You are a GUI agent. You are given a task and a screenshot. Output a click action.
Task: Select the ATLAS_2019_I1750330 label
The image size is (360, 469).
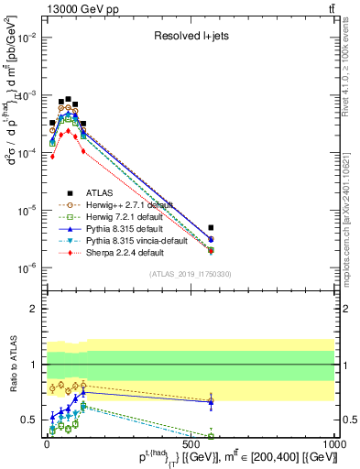(190, 274)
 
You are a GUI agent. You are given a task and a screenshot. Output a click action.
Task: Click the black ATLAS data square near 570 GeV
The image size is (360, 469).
(211, 227)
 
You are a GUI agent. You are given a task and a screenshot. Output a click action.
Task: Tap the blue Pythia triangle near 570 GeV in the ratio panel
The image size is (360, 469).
(211, 401)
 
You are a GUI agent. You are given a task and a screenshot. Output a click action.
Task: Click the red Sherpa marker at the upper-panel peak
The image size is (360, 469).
(68, 131)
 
